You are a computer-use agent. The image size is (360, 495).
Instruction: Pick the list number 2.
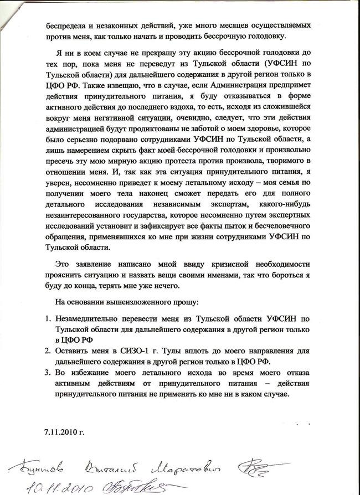[x=48, y=350]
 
